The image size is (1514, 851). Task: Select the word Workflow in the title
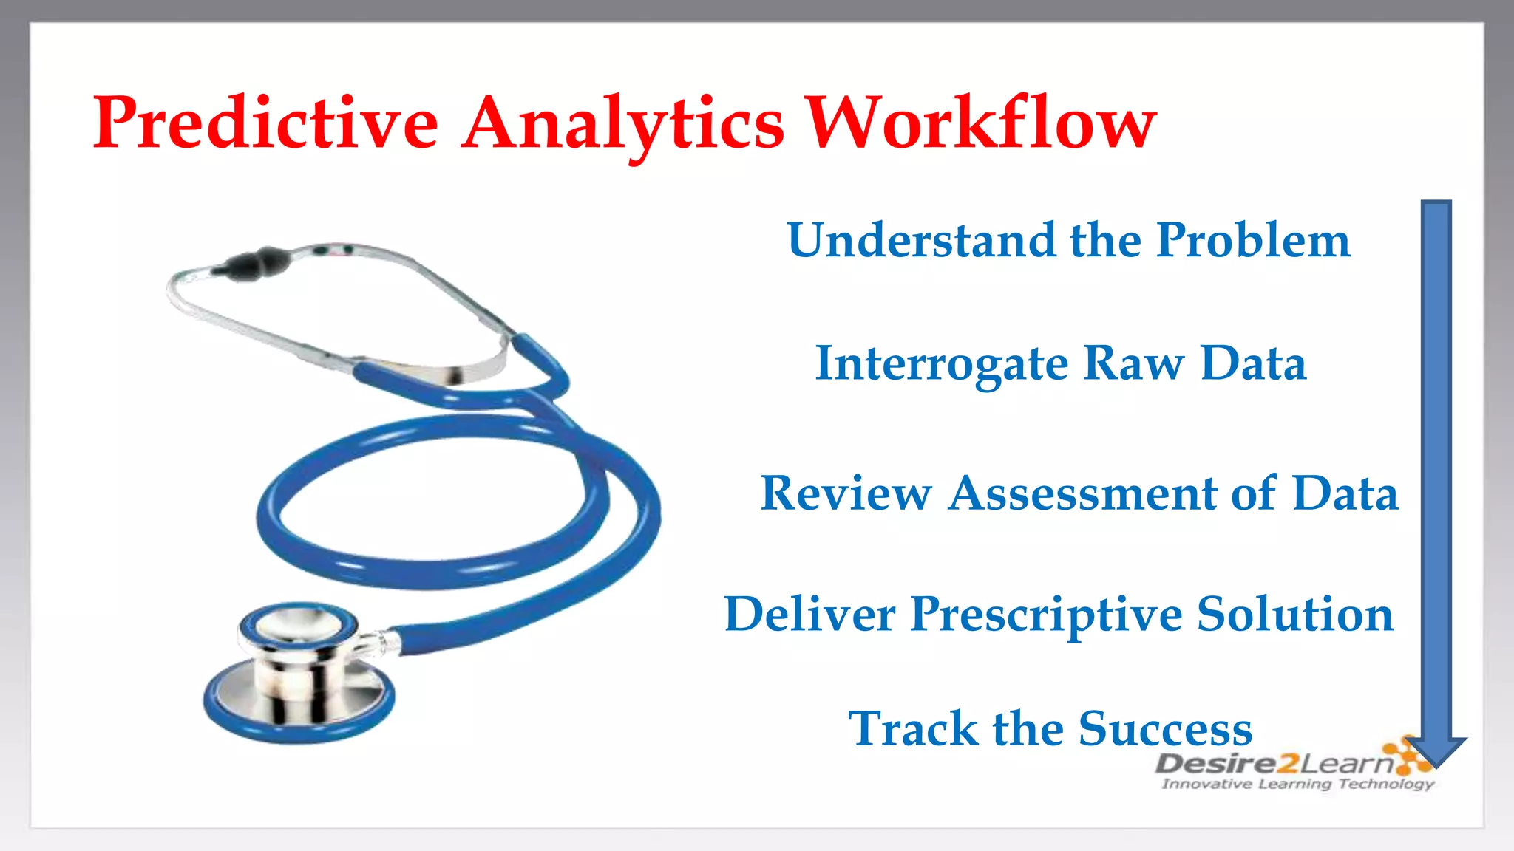[x=981, y=123]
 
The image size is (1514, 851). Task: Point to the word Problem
[x=1254, y=241]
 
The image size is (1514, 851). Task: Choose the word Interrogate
[x=941, y=364]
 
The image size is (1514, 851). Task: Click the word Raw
[x=1133, y=364]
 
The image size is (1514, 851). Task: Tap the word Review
[x=846, y=493]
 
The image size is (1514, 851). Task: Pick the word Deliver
[x=809, y=615]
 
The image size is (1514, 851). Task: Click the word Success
[x=1165, y=729]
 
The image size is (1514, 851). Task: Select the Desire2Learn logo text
[x=1273, y=763]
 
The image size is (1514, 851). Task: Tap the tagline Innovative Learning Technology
[x=1297, y=784]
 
